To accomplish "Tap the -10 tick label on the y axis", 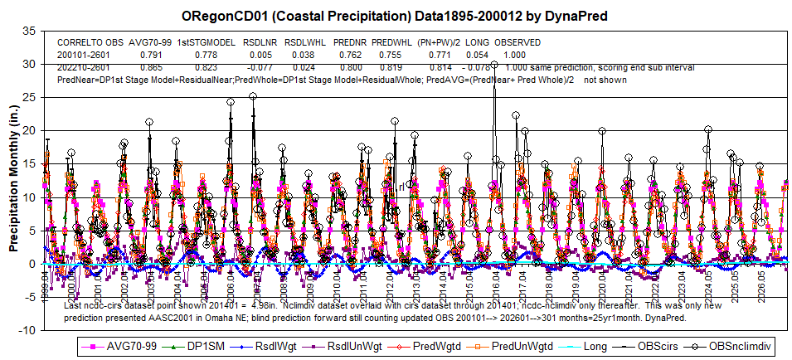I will [x=27, y=330].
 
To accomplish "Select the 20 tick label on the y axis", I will [x=29, y=130].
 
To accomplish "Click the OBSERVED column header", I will [x=517, y=41].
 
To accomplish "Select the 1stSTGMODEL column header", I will [x=205, y=41].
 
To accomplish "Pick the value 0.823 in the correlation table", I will [x=205, y=66].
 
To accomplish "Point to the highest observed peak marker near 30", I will [x=494, y=64].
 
